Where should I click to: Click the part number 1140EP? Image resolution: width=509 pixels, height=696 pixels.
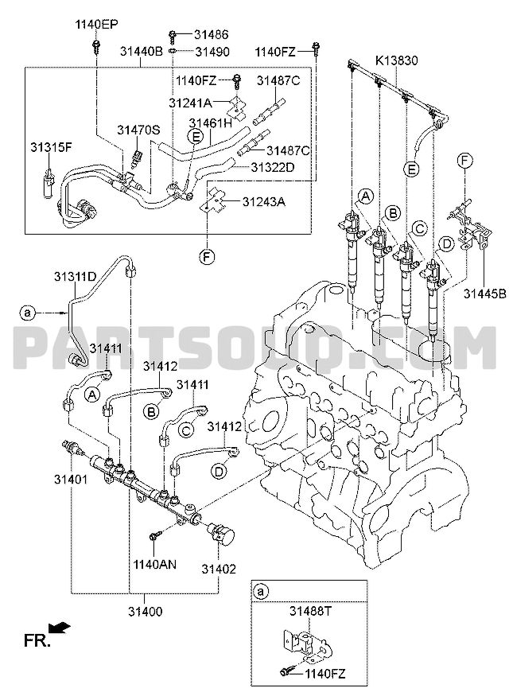[96, 25]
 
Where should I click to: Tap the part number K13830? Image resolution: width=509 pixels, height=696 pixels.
[396, 60]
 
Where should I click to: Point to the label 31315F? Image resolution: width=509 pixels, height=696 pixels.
[51, 147]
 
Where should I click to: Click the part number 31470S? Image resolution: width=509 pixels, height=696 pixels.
[138, 130]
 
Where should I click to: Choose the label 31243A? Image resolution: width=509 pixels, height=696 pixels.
[263, 202]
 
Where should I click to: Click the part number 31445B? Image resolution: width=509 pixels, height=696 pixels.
[485, 294]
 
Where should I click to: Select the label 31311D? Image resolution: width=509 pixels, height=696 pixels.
[76, 277]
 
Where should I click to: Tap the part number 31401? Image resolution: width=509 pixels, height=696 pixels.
[71, 480]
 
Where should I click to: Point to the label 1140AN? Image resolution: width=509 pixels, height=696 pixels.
[155, 564]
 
